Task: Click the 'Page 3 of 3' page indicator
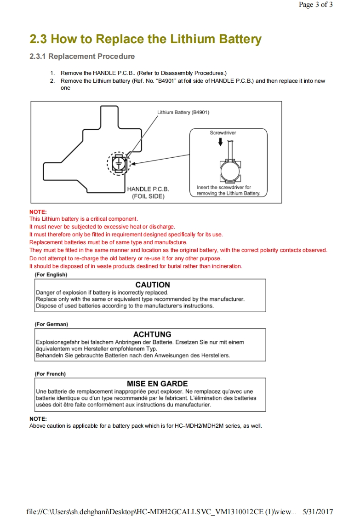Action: point(315,5)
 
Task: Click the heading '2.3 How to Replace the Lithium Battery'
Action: point(145,40)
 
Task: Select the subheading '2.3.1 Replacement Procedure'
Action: point(82,57)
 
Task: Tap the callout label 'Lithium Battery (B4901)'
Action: point(183,112)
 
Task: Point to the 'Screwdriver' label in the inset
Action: point(223,133)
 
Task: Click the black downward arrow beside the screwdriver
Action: point(220,142)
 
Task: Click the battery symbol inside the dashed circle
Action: point(119,163)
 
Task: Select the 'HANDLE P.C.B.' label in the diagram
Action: point(148,189)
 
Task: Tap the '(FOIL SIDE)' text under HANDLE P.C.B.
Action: point(148,196)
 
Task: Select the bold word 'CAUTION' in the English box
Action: point(153,285)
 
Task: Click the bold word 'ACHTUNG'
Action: point(152,334)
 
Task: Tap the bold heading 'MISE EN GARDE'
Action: point(157,384)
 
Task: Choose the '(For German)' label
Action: point(51,324)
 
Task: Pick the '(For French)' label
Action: point(50,373)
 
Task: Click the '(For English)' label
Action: point(51,275)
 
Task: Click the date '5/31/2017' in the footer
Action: point(318,511)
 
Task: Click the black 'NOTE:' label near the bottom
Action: point(38,419)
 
